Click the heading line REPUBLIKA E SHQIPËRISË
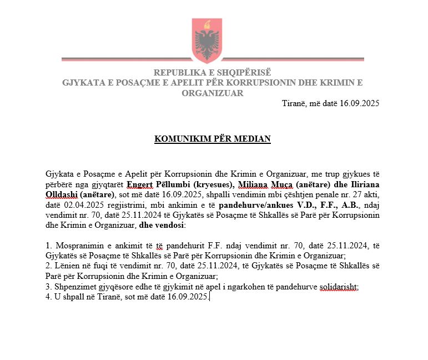point(213,73)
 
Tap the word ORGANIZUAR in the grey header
point(213,93)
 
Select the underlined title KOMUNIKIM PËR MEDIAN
point(213,138)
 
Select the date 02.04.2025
point(75,205)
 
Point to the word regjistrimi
point(117,205)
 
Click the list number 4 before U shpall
point(48,297)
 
